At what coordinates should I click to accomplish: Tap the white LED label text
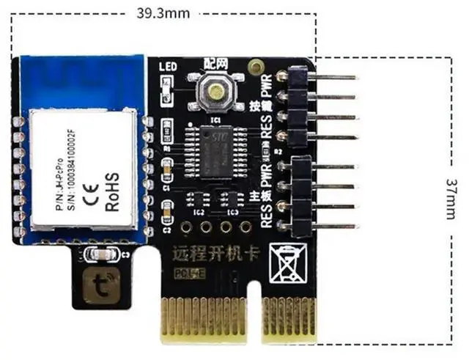(166, 67)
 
